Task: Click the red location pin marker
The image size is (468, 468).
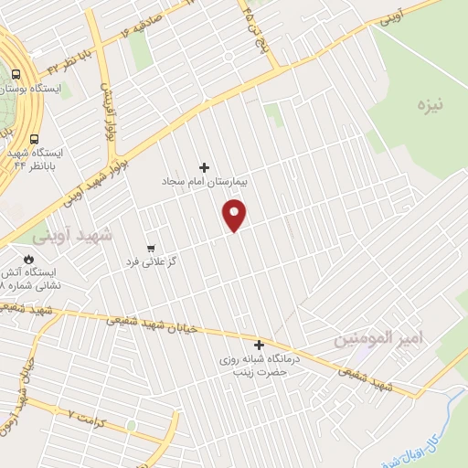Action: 235,216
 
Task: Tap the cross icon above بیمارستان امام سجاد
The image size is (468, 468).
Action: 204,167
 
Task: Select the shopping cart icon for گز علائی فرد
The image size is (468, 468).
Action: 151,248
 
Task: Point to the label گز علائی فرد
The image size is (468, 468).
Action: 151,262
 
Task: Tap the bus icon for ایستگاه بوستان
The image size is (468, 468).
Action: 17,75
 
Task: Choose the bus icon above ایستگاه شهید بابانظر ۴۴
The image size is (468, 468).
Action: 35,140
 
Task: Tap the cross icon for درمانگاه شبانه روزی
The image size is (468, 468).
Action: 260,345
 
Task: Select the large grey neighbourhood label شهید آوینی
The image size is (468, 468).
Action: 74,234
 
